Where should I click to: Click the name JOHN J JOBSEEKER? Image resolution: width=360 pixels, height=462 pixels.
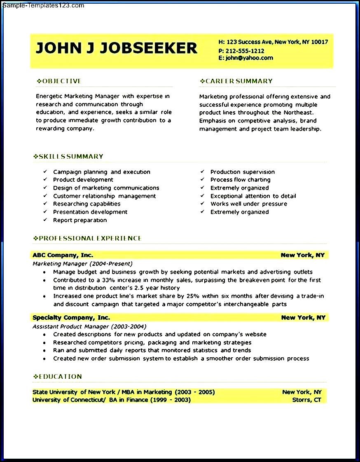point(117,48)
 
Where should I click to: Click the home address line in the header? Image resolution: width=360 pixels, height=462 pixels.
point(273,42)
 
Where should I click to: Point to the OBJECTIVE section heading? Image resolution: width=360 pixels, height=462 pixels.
point(59,81)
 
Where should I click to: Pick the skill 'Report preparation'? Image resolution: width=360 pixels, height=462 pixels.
point(80,220)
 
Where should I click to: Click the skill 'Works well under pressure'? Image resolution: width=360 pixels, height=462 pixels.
point(249,204)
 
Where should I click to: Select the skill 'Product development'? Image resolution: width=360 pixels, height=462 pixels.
point(83,180)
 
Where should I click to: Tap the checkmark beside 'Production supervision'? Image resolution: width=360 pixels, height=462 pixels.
point(203,172)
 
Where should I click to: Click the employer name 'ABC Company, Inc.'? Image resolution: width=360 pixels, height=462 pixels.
point(63,255)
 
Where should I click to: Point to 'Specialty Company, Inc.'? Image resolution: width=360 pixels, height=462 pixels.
point(71,317)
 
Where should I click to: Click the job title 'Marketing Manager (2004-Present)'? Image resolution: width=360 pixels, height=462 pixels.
point(82,264)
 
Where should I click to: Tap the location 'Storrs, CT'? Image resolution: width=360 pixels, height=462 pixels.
point(306,400)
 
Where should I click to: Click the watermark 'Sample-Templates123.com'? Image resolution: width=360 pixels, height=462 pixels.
point(43,6)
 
